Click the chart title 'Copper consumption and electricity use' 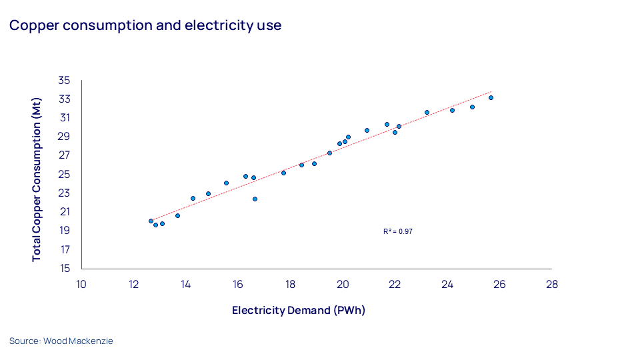[145, 26]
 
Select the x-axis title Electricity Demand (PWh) [299, 311]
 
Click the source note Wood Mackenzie [61, 341]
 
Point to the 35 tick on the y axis [64, 80]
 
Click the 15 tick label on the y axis [64, 269]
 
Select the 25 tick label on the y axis [64, 174]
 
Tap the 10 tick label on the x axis [81, 284]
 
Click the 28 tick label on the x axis [551, 284]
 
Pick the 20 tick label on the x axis [343, 284]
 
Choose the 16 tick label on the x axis [238, 284]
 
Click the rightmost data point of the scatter [491, 98]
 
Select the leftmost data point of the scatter [151, 221]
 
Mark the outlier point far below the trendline [255, 199]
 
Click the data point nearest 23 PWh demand [427, 113]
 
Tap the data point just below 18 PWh [283, 173]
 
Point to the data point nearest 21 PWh [367, 131]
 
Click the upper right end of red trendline [491, 91]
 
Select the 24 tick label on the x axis [447, 284]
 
